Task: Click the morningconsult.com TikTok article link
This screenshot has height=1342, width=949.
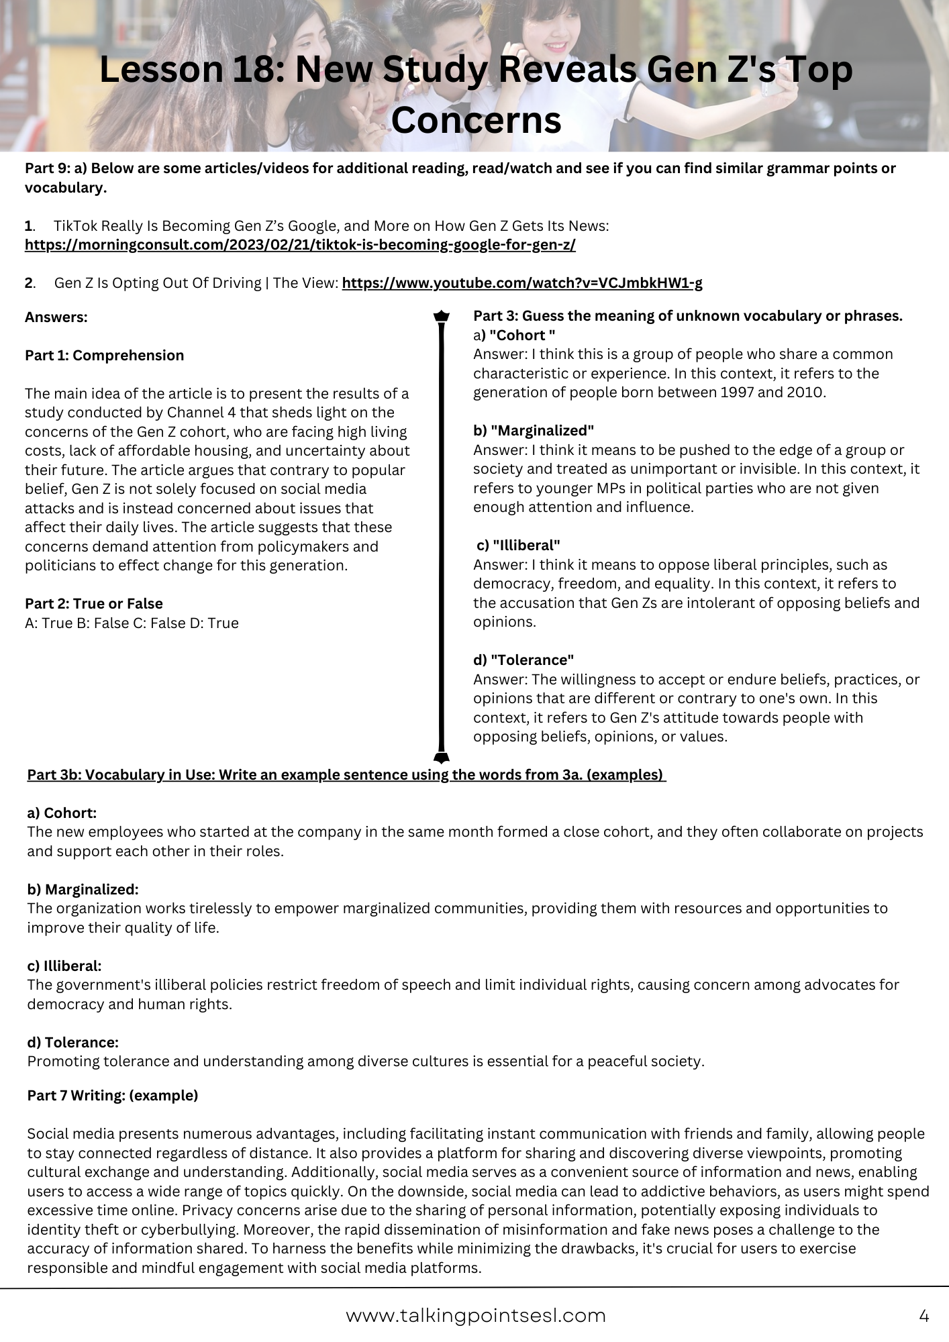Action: click(x=300, y=245)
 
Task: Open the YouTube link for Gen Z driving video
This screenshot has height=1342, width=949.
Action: click(x=522, y=283)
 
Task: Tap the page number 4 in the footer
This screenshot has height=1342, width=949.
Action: click(x=923, y=1316)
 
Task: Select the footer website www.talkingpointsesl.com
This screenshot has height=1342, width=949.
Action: click(x=475, y=1316)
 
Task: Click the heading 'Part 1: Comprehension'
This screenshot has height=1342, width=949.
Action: click(x=104, y=356)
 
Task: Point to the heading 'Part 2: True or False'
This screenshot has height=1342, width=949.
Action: click(x=93, y=604)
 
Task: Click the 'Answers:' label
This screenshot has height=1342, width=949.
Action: click(x=56, y=317)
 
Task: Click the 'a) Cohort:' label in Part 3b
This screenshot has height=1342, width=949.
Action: click(x=62, y=813)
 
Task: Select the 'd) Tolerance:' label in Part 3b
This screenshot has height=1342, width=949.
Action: click(x=72, y=1043)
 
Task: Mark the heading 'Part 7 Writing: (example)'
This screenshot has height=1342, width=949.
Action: click(x=112, y=1096)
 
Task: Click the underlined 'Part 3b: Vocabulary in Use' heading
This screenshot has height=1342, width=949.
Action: click(x=346, y=775)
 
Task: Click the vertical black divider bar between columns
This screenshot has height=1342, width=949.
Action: click(x=442, y=537)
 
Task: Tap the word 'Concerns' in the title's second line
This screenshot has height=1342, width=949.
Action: click(x=476, y=121)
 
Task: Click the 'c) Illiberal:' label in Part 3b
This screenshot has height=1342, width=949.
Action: click(x=64, y=966)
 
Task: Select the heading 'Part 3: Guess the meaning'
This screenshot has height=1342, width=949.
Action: click(x=687, y=316)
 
